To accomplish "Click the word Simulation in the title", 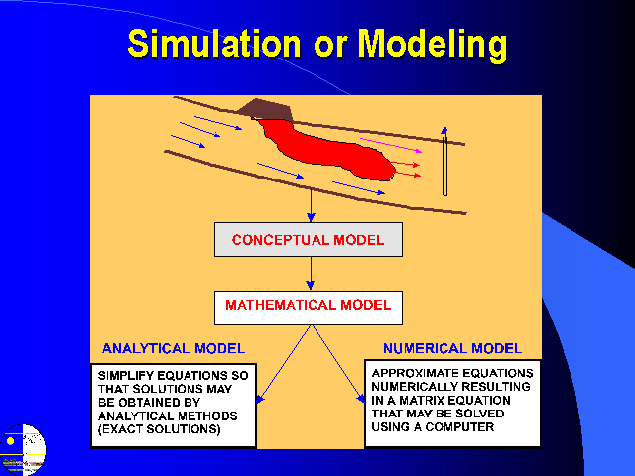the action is [214, 43].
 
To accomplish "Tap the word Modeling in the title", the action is [433, 46].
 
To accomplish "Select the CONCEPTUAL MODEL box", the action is [309, 240].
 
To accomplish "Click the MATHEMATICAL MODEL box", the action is [309, 307].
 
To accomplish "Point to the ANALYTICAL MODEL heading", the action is [174, 348].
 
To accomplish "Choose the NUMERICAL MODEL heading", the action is [452, 348].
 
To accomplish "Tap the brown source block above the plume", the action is [265, 109].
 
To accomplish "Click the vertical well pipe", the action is [444, 162].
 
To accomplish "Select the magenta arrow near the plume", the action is [391, 145].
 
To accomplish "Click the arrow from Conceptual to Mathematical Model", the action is [311, 274].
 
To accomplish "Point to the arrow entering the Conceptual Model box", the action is [311, 205].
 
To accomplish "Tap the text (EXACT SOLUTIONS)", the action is [160, 429].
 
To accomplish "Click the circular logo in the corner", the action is [23, 449].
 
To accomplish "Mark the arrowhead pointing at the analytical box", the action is [260, 399].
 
